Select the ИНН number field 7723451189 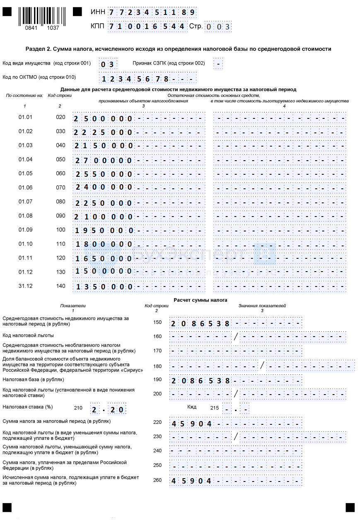click(152, 12)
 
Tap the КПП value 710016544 click(146, 26)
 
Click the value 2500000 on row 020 click(103, 119)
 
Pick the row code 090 click(60, 216)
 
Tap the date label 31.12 click(25, 286)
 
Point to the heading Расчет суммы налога click(200, 300)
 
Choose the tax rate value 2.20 click(108, 409)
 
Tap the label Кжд click(192, 407)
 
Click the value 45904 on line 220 click(191, 424)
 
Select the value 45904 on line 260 click(191, 481)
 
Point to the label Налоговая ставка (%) click(28, 407)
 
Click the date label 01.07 click(25, 202)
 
